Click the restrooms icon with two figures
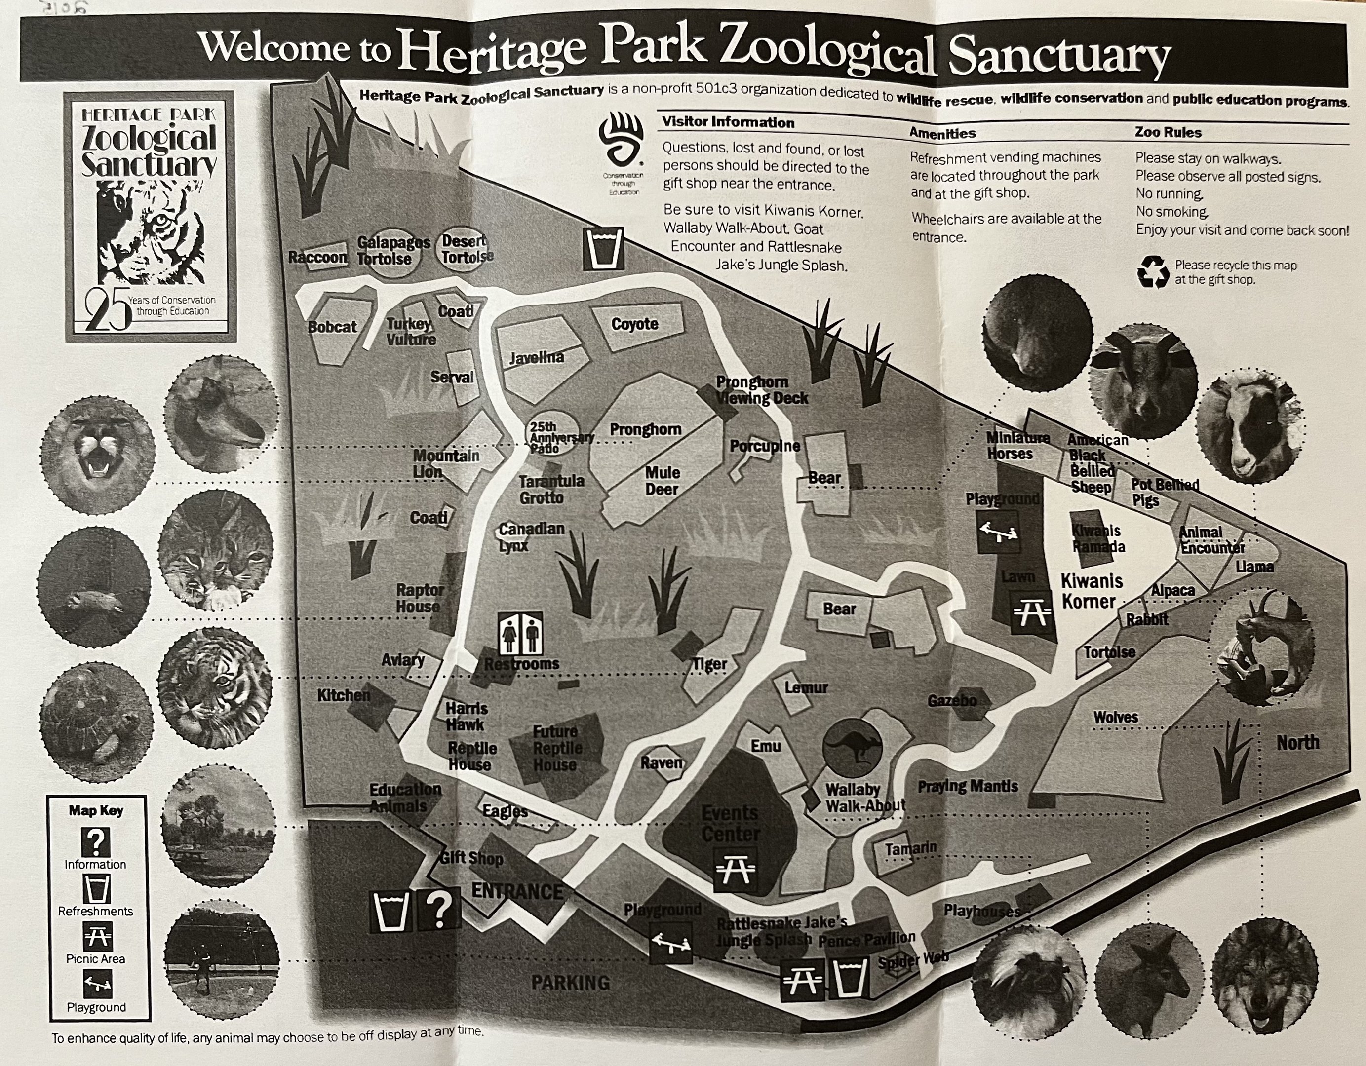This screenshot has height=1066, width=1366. pyautogui.click(x=521, y=633)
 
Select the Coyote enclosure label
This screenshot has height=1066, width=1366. pyautogui.click(x=634, y=324)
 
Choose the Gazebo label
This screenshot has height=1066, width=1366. pyautogui.click(x=952, y=701)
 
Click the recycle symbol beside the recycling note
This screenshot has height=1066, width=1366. pyautogui.click(x=1152, y=272)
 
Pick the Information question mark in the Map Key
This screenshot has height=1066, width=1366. pyautogui.click(x=96, y=842)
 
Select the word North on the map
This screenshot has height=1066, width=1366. pyautogui.click(x=1298, y=743)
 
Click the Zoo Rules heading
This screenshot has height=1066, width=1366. pyautogui.click(x=1168, y=132)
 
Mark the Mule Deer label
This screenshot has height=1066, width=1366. pyautogui.click(x=662, y=481)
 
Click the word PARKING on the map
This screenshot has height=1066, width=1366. pyautogui.click(x=570, y=983)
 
